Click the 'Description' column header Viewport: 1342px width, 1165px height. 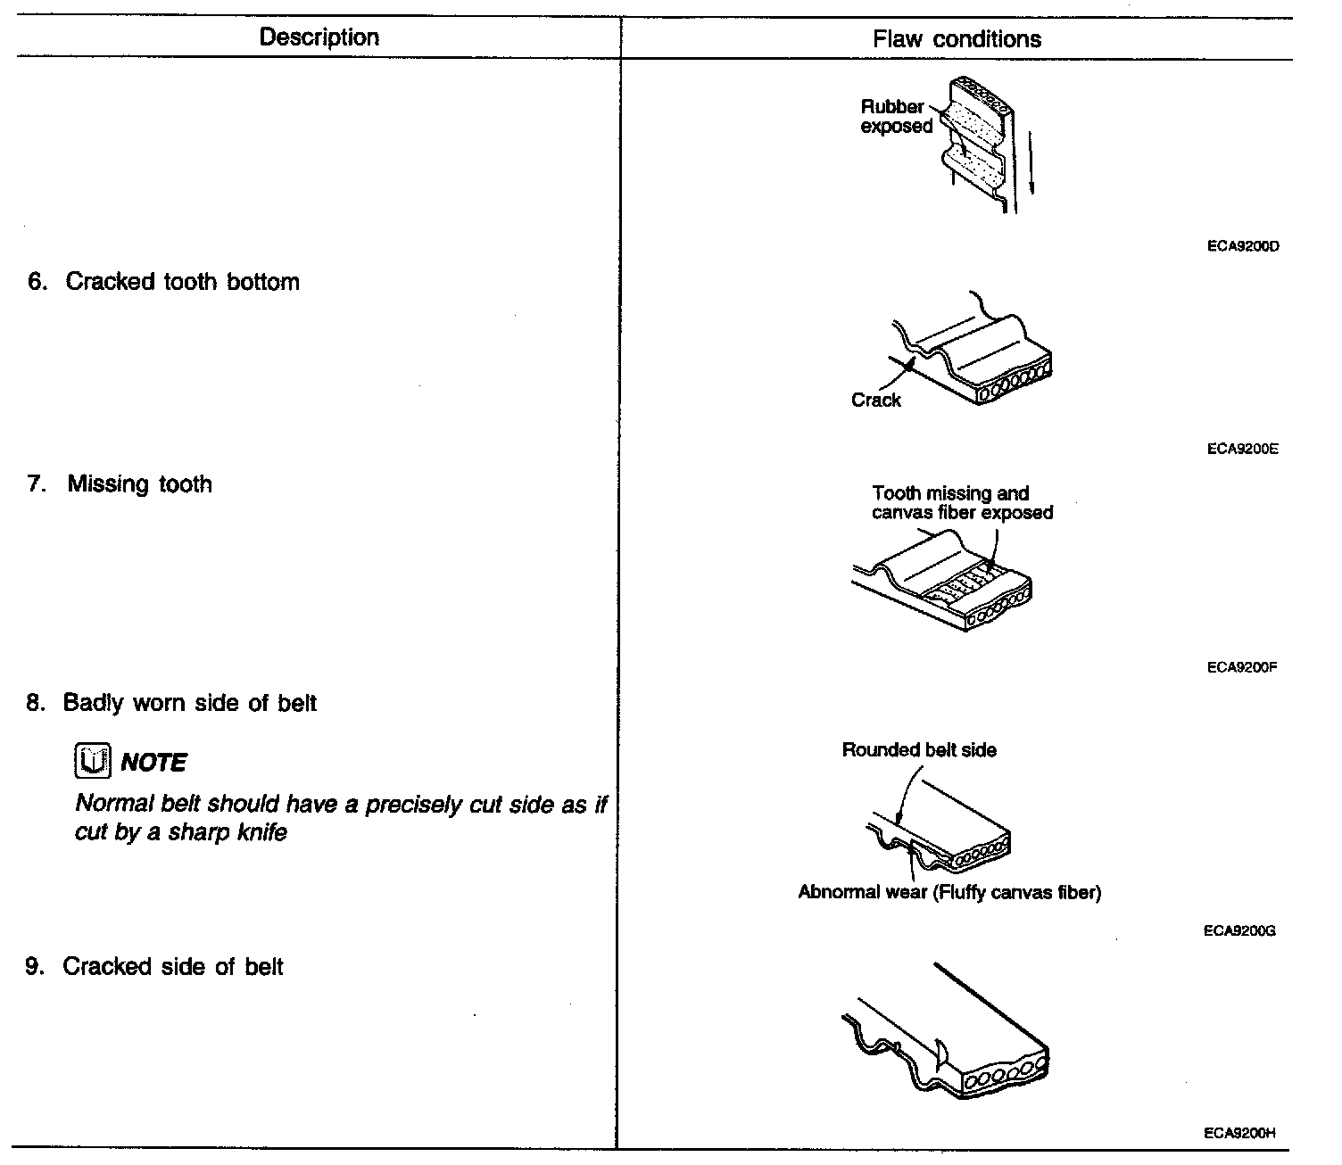(319, 37)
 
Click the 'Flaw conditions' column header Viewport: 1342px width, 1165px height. (957, 39)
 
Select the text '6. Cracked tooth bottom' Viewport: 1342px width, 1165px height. (163, 282)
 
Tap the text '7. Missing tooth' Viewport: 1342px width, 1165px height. (120, 484)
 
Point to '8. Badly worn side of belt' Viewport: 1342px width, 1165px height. (171, 704)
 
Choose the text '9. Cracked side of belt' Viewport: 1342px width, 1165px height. (154, 967)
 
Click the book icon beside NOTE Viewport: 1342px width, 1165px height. (91, 762)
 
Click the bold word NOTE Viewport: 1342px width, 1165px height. (153, 763)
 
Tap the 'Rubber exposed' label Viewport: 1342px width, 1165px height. (895, 117)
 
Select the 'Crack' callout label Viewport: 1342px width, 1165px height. (875, 401)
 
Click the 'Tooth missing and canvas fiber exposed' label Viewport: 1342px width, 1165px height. (961, 503)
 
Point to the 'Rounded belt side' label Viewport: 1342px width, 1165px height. (919, 750)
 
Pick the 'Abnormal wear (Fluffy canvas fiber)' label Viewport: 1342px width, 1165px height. (949, 892)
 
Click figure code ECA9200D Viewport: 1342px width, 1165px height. (1242, 246)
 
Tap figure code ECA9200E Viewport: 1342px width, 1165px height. (1242, 450)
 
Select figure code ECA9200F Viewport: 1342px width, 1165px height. (1242, 667)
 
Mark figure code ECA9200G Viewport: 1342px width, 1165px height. (1239, 931)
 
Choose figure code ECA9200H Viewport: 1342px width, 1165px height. (1239, 1134)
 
